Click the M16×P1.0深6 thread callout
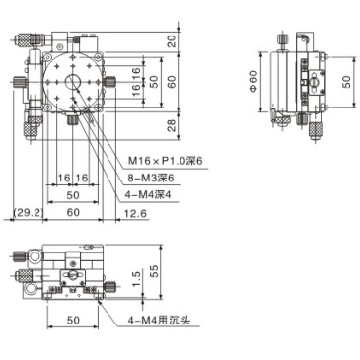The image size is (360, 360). coord(165,161)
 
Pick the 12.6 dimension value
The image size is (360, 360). coord(137,211)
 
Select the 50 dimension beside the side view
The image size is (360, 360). coord(345,81)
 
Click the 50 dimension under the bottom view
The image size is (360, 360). coord(72,321)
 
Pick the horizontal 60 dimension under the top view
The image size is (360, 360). coord(72,211)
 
